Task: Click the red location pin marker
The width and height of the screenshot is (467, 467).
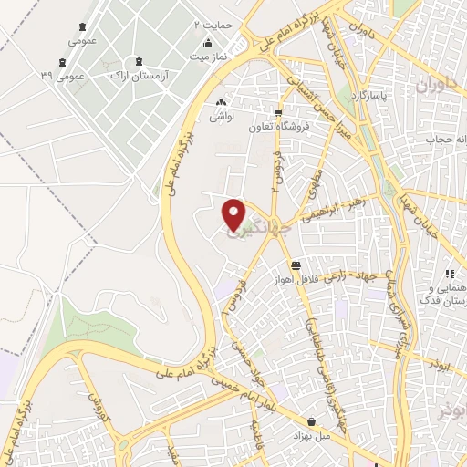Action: (234, 213)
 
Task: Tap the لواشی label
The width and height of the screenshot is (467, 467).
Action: (222, 117)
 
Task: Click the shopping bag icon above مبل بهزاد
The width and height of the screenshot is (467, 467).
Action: (313, 423)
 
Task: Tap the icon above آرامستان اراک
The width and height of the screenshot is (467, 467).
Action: (138, 61)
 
